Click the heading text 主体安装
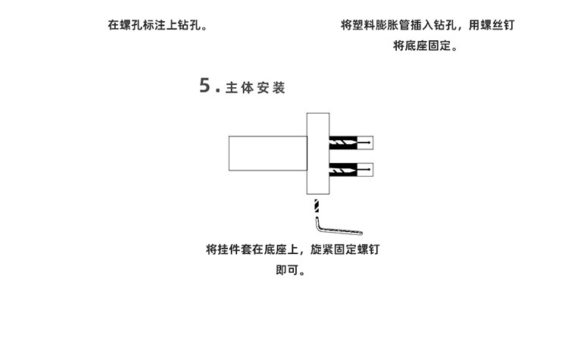(255, 88)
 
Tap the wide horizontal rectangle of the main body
(267, 152)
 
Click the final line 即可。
(292, 271)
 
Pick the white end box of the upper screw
(367, 142)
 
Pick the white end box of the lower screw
(367, 169)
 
